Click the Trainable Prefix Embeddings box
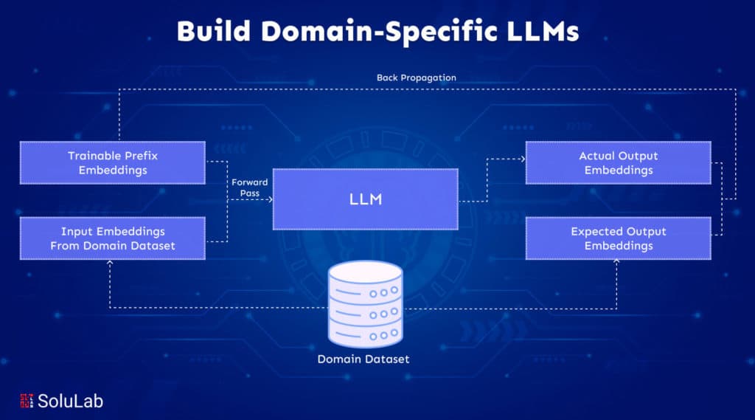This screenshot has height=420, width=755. tap(113, 163)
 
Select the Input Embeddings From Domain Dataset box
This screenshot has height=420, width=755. tap(113, 238)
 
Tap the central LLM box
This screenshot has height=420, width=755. tap(366, 199)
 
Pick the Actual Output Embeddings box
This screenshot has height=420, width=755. tap(619, 163)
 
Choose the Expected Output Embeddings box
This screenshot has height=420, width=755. tap(619, 238)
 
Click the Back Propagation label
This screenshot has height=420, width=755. tap(416, 78)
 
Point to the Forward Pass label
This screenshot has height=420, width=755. tap(249, 187)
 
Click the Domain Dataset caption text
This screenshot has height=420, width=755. tap(363, 359)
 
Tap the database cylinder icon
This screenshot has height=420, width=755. tap(366, 304)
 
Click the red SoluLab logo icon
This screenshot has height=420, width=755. tap(27, 401)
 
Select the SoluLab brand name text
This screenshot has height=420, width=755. tap(70, 402)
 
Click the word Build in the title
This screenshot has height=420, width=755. tap(214, 31)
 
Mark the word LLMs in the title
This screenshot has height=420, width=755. tap(543, 31)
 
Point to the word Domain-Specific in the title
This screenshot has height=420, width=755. tap(379, 32)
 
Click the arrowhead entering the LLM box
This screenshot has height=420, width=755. tap(270, 199)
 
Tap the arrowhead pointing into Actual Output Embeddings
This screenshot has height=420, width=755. tap(523, 159)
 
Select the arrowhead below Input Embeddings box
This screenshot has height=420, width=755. tap(110, 263)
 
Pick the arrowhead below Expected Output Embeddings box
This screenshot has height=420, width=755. tap(616, 262)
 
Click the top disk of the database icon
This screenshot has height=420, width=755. tap(366, 271)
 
